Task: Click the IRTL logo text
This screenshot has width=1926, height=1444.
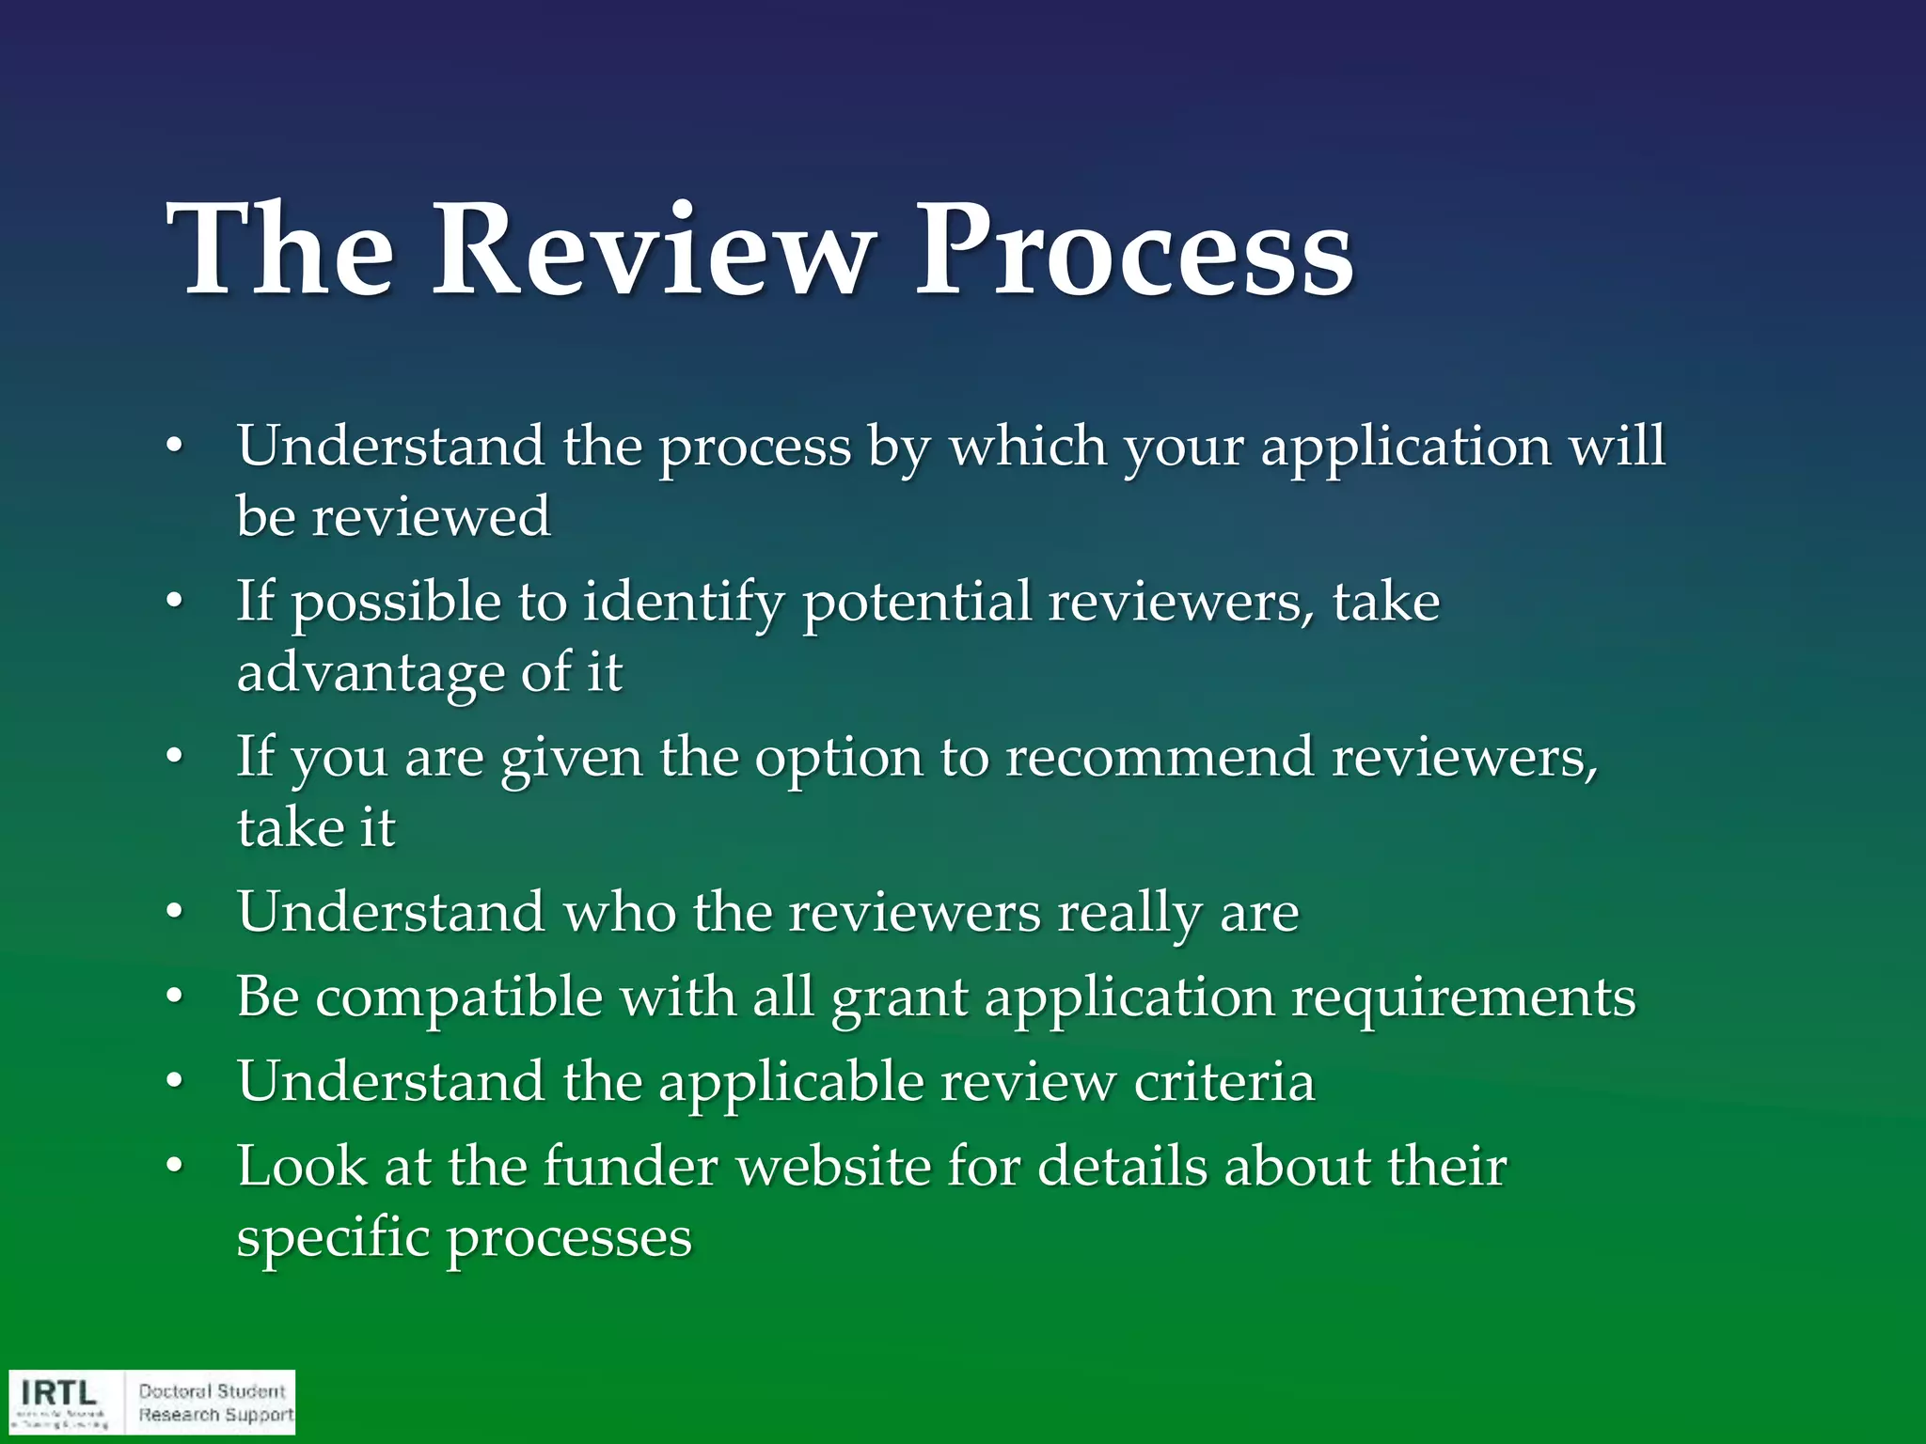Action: pos(58,1392)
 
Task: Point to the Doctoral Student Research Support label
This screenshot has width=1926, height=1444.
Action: pos(215,1403)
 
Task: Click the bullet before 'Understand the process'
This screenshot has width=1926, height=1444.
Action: pos(172,448)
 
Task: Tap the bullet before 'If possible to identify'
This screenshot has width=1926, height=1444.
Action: pos(172,604)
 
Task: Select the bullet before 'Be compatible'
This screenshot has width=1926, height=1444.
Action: pos(172,998)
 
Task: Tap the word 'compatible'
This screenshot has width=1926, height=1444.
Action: pos(459,997)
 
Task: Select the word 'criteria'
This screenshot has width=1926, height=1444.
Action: pos(1223,1081)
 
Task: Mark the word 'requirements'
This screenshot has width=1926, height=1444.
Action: pos(1463,998)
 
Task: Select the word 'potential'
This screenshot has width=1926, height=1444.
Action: pos(917,603)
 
